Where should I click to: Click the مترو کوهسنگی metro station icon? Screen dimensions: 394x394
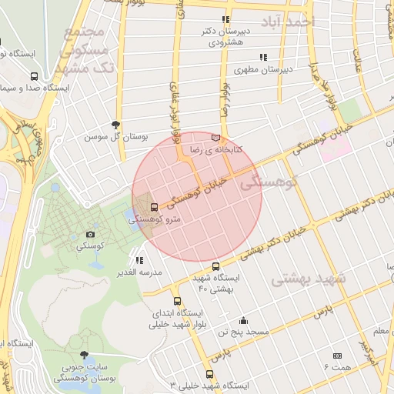point(155,207)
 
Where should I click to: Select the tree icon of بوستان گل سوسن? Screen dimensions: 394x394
point(116,124)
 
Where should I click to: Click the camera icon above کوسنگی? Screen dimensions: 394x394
point(91,234)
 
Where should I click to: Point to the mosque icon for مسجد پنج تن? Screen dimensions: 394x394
point(244,320)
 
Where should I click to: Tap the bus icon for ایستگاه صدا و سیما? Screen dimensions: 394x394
point(34,77)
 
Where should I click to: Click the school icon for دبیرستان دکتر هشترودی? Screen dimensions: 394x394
point(225,20)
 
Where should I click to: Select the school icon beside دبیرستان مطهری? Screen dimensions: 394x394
point(263,57)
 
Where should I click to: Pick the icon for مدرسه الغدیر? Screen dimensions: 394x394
point(139,261)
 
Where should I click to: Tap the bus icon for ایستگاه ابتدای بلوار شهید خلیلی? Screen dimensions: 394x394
point(178,302)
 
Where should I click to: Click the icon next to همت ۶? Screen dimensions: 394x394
point(337,356)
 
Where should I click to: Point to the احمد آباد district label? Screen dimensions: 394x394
point(287,21)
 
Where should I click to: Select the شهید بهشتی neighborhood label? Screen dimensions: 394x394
point(309,278)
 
